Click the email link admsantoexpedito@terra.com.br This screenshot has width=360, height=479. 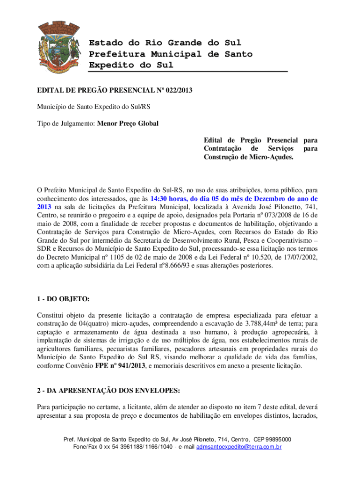[x=239, y=447]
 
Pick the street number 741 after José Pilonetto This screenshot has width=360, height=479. [x=309, y=207]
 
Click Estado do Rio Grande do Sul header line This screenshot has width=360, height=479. [x=165, y=43]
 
